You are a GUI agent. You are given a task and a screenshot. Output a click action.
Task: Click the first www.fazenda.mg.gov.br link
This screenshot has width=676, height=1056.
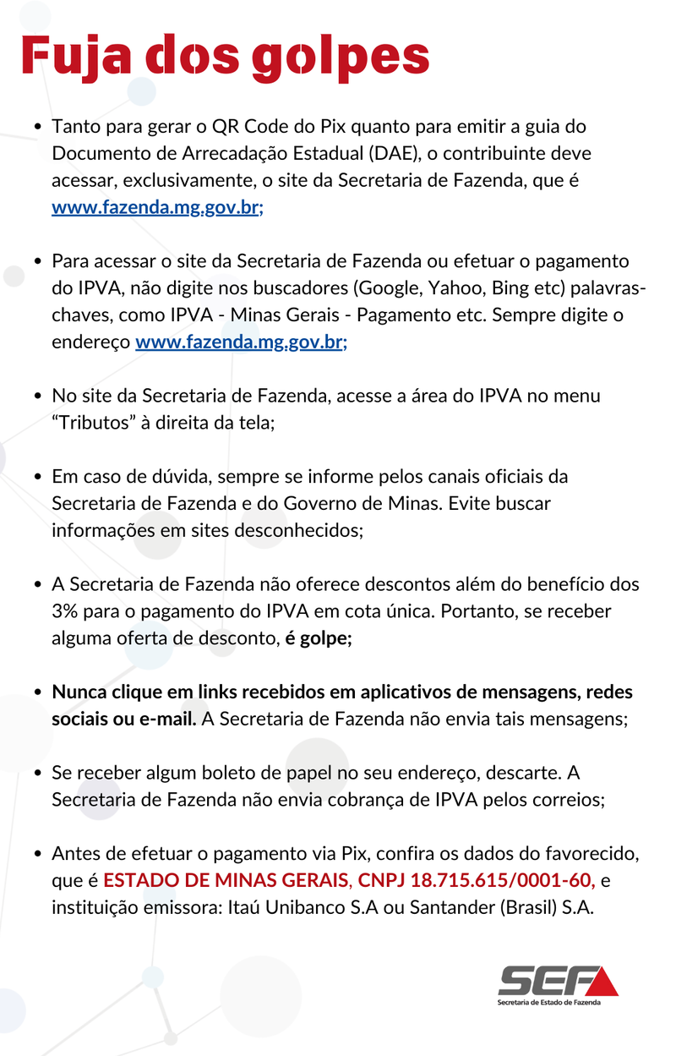click(157, 207)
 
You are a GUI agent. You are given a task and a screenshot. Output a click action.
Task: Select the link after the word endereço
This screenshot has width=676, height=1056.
click(241, 342)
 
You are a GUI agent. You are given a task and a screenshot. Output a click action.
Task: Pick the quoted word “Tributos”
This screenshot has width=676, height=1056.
click(94, 423)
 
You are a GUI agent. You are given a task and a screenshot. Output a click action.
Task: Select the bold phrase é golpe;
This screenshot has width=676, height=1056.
click(318, 638)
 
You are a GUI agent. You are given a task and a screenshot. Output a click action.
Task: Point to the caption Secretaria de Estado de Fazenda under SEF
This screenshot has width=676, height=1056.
click(549, 1002)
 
